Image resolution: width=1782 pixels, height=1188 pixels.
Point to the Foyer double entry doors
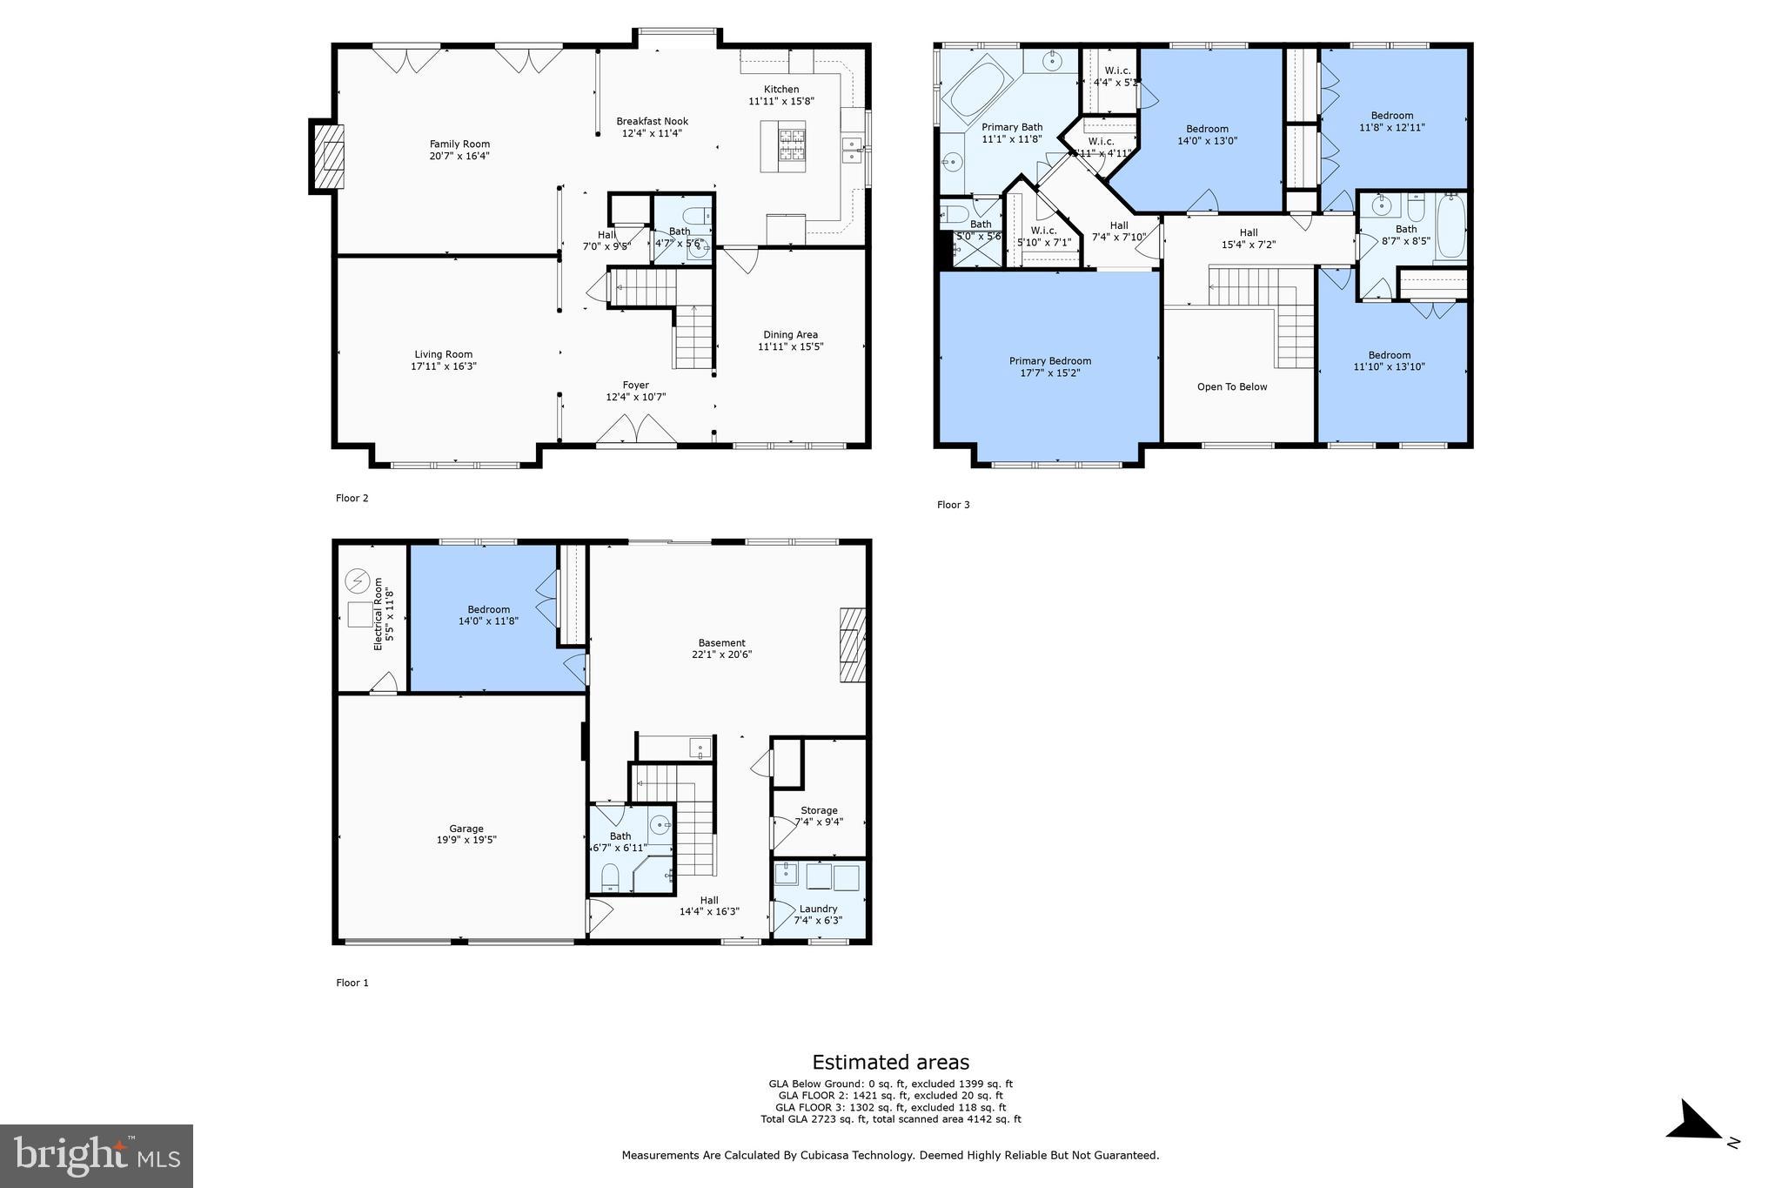(x=636, y=431)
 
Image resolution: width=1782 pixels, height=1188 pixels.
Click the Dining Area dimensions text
(x=790, y=346)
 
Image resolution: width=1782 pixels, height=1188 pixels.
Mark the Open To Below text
(x=1232, y=386)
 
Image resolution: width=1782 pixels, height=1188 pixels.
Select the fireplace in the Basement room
(x=853, y=645)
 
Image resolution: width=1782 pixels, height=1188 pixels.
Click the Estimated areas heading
(x=890, y=1062)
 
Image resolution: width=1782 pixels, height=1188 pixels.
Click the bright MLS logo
(x=97, y=1156)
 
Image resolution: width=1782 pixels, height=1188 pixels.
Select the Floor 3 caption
(x=953, y=505)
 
